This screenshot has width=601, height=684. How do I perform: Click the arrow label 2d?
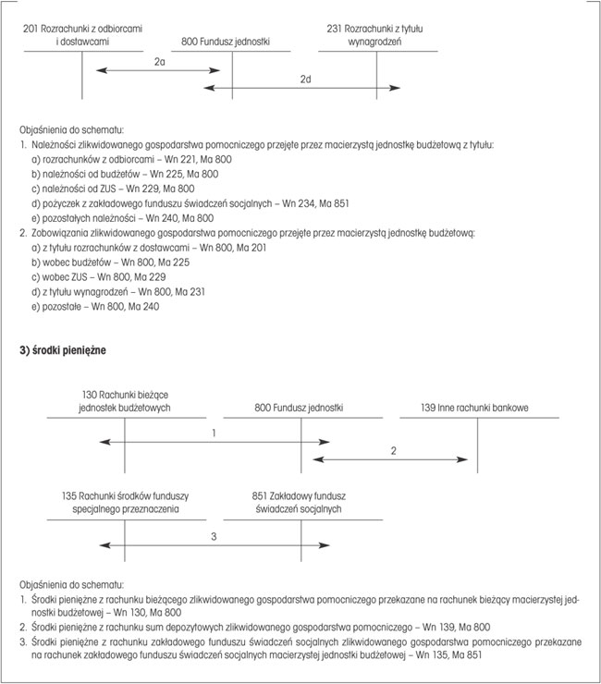(306, 79)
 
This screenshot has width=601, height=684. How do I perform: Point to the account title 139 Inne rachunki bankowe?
(474, 408)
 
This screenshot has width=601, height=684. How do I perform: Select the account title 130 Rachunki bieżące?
(124, 401)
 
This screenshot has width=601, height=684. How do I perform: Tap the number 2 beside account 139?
(393, 450)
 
